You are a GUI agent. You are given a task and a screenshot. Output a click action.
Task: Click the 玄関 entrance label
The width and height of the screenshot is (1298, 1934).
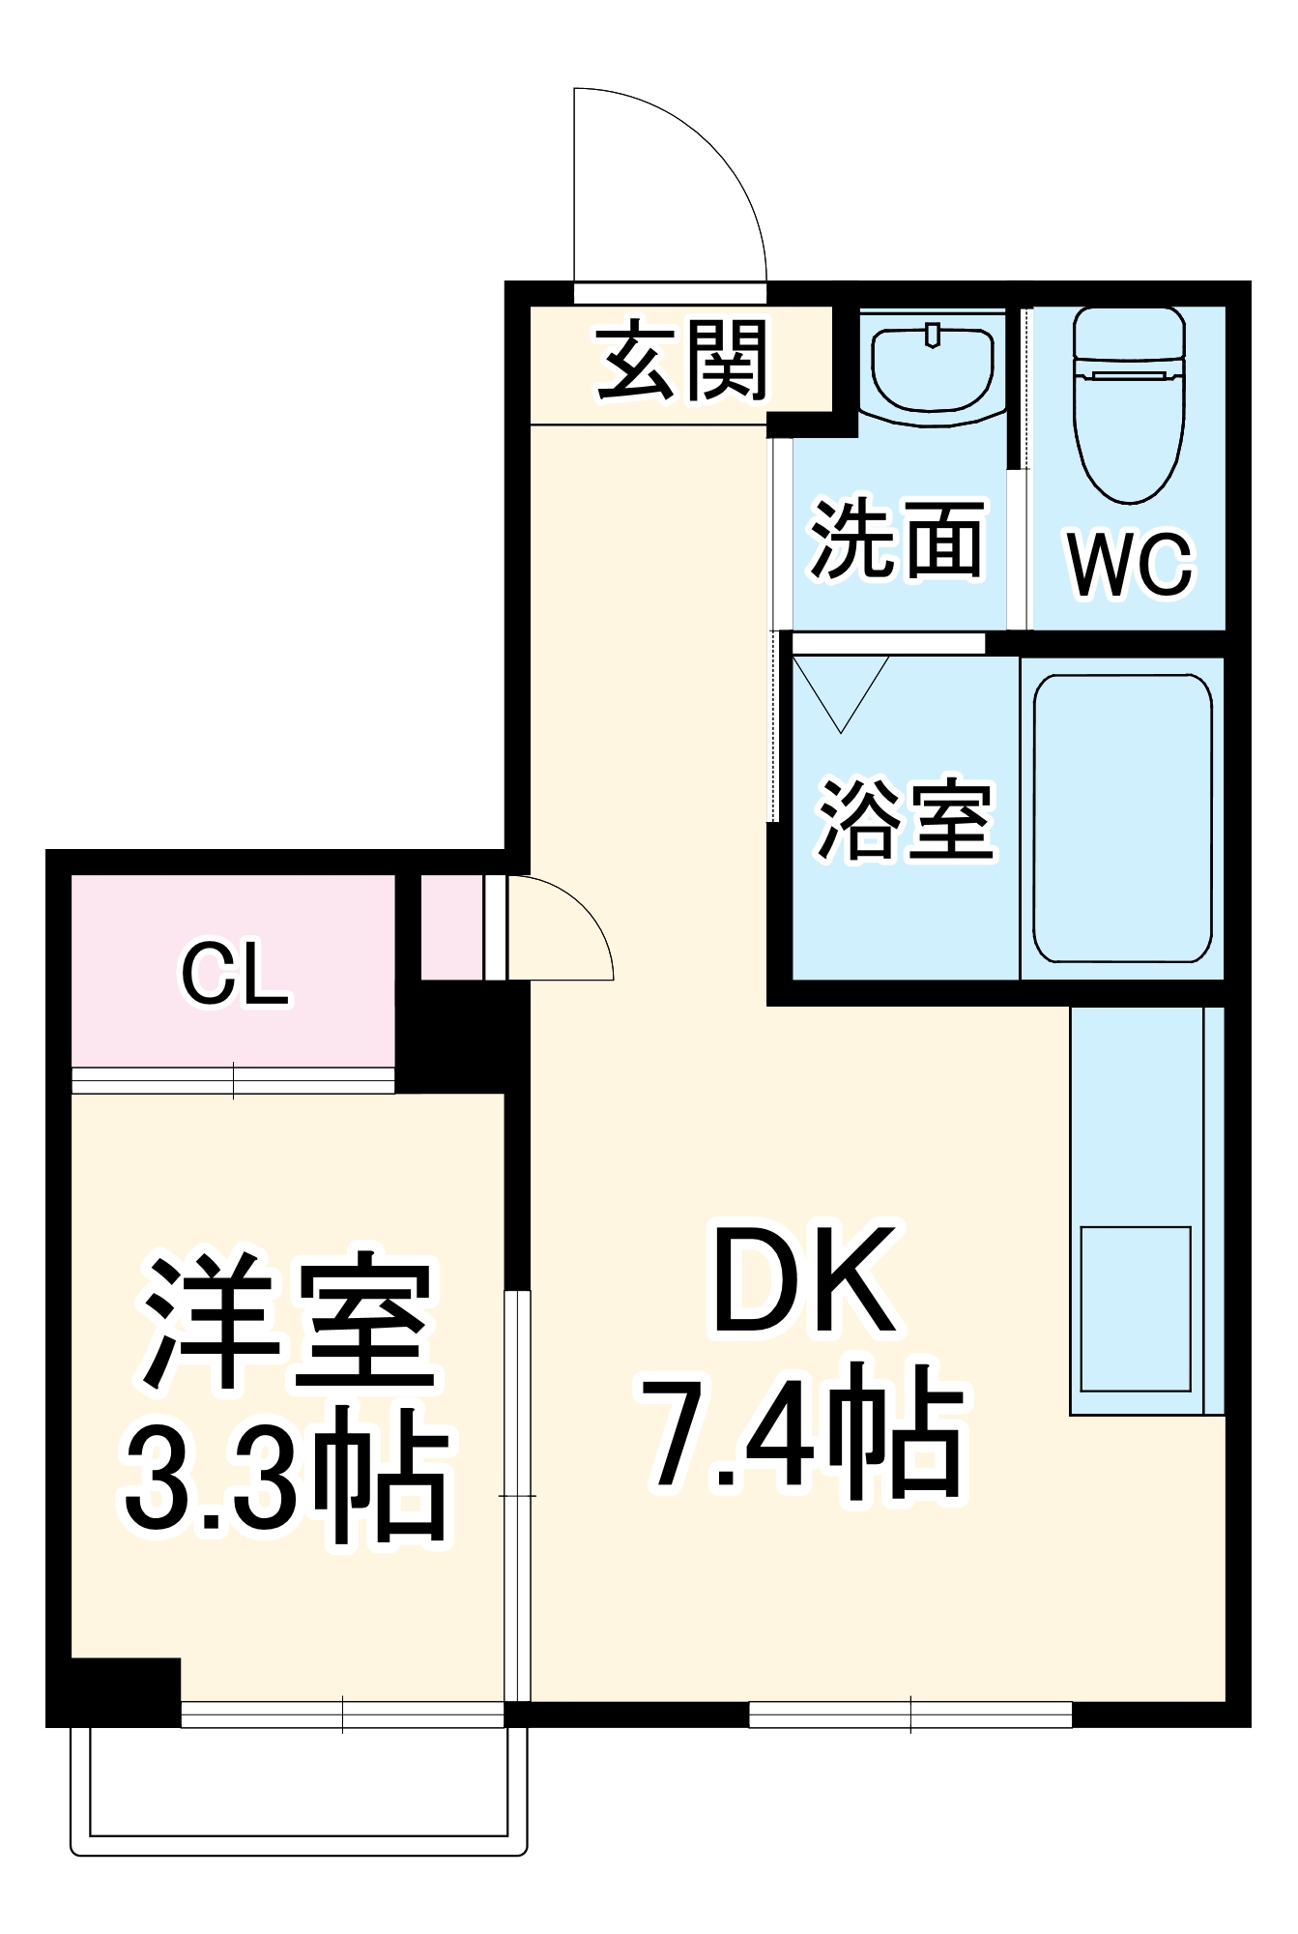(682, 362)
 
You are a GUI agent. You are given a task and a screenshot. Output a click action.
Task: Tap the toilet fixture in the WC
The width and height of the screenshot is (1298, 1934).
(1129, 404)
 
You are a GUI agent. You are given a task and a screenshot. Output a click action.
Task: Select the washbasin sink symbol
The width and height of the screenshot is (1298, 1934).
(932, 368)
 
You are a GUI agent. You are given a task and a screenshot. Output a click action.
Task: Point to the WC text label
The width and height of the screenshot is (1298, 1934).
(1130, 565)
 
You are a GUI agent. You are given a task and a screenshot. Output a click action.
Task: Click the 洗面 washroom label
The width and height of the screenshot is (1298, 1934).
(897, 540)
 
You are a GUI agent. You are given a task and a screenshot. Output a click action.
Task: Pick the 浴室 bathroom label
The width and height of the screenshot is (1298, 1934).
(906, 819)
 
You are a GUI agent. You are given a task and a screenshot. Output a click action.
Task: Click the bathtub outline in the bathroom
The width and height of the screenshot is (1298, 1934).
(1122, 818)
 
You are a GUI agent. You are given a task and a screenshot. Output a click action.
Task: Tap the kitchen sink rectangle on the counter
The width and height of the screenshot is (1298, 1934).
(1135, 1308)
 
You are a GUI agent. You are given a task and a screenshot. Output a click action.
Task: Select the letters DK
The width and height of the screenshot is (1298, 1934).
(804, 1281)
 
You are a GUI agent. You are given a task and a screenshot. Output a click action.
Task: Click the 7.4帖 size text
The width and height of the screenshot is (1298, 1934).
(804, 1432)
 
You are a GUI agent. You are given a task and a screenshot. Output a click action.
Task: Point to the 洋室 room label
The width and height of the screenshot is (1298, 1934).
(287, 1322)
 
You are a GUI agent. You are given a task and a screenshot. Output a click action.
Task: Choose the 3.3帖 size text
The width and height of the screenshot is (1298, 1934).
(287, 1474)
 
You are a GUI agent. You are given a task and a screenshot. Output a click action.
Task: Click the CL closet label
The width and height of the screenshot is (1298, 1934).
(234, 975)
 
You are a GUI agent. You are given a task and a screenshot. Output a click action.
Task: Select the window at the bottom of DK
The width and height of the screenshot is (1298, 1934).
(910, 1714)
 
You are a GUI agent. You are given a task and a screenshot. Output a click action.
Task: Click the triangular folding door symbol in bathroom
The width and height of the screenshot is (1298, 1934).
(841, 689)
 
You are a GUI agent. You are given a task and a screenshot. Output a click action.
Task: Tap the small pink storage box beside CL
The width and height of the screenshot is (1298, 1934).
(452, 927)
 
